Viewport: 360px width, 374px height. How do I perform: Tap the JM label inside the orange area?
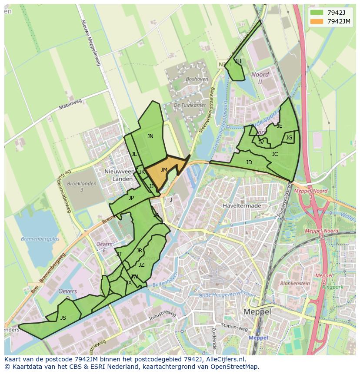coord(164,170)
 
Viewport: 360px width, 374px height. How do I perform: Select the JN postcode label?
coord(150,136)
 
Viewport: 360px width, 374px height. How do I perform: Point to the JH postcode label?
coord(238,61)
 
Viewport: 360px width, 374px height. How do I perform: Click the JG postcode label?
coord(289,138)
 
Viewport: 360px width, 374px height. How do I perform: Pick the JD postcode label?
coord(249,162)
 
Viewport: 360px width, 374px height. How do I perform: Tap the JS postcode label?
coord(63,318)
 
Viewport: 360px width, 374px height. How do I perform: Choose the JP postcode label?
coord(131,198)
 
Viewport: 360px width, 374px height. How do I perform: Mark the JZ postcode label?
coord(141,265)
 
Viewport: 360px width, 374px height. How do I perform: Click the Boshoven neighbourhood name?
coord(197,79)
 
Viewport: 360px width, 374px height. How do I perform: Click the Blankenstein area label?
coord(295,283)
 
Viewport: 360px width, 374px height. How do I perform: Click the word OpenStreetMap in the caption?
coord(233,367)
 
